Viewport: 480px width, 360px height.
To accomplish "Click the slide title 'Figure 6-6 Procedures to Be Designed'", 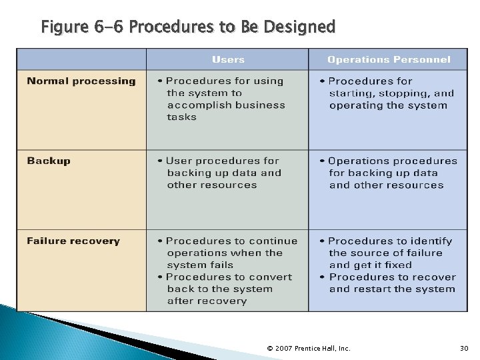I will [x=188, y=27].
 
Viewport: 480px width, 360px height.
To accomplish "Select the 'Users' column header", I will [x=228, y=59].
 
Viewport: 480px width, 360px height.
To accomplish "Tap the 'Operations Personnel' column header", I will [x=389, y=59].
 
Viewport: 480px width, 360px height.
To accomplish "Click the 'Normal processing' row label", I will [x=81, y=81].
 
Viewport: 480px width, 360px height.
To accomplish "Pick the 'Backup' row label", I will [x=49, y=161].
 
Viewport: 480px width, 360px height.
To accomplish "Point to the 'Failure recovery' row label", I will [x=73, y=241].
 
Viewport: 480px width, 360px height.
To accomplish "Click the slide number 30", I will [x=464, y=348].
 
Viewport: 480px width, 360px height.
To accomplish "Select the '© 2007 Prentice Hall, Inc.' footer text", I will [x=308, y=348].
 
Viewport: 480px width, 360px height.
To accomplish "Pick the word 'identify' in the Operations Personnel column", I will [x=431, y=241].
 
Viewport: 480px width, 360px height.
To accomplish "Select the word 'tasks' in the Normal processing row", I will [x=182, y=117].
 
